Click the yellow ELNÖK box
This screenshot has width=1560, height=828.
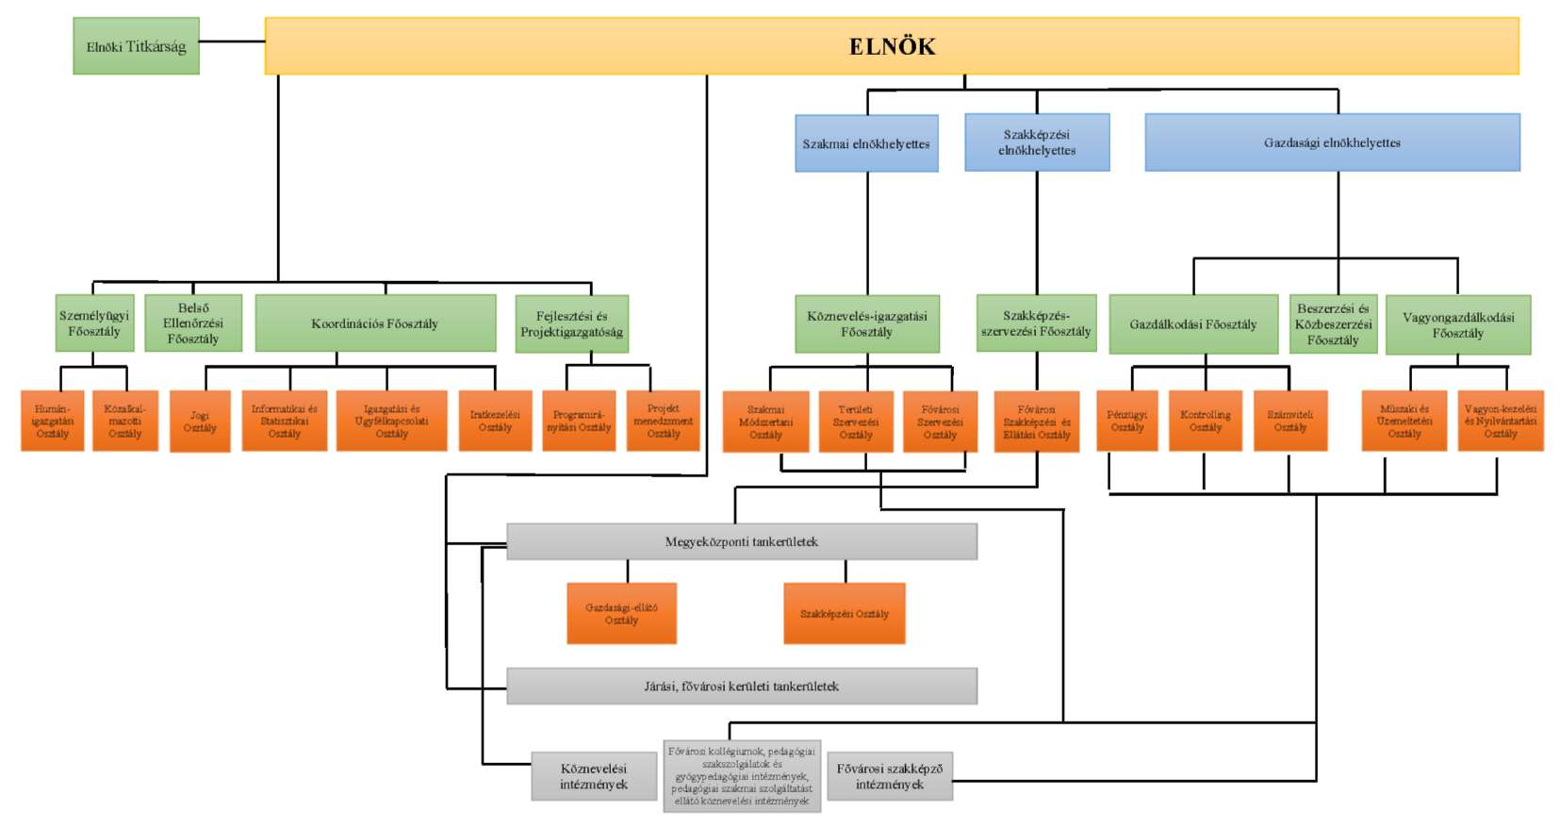[892, 46]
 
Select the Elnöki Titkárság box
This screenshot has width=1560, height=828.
[136, 46]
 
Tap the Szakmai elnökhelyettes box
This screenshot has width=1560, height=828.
[866, 143]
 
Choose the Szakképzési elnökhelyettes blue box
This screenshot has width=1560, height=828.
[1037, 142]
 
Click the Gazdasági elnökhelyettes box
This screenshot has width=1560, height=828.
[1332, 142]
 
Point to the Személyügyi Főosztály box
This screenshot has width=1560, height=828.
[94, 323]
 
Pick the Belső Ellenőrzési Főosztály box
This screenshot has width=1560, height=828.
[193, 323]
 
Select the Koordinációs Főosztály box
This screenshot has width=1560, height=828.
[375, 323]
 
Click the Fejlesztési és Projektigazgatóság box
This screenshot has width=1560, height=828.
[571, 324]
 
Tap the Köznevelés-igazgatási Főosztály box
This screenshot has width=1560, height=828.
[866, 324]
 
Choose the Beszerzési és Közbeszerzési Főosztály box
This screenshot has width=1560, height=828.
[1333, 324]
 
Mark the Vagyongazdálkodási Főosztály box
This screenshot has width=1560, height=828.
[1457, 325]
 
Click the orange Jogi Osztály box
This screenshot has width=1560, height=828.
[200, 422]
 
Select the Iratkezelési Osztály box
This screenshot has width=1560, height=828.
[495, 421]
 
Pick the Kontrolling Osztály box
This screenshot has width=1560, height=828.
[1205, 421]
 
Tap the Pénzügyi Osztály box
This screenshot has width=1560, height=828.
[1127, 421]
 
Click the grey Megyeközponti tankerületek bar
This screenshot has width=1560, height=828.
[741, 542]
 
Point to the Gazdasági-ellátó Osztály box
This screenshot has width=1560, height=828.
[621, 614]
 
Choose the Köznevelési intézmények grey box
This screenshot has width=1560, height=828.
[593, 776]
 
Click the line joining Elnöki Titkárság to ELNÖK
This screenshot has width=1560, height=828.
[232, 41]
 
